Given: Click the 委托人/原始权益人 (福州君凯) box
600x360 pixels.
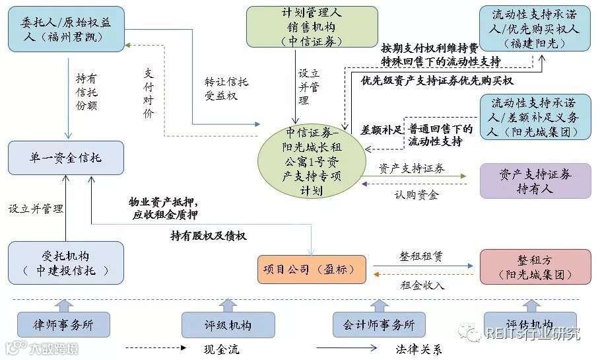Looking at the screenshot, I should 67,29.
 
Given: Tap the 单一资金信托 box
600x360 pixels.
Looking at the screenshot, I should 66,158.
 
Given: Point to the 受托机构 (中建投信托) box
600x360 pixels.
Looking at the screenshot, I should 66,263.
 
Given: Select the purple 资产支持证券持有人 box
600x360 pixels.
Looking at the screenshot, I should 535,181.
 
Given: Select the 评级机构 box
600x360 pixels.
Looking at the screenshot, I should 228,325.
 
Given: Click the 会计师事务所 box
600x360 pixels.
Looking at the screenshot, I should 378,325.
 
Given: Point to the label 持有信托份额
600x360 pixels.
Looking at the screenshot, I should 86,91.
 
